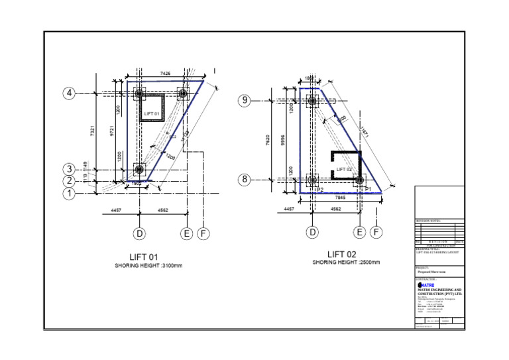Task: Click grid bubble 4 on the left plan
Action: point(70,93)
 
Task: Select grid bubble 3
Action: point(70,168)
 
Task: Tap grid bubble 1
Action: point(70,194)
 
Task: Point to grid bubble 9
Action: point(245,101)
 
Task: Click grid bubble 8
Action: point(245,180)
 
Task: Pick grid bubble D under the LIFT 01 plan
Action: point(140,233)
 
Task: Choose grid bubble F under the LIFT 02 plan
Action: point(376,232)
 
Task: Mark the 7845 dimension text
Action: point(340,198)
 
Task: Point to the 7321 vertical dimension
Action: point(93,132)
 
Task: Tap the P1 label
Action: point(368,189)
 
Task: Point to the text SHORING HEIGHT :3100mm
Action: point(148,266)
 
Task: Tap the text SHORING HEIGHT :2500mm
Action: point(346,263)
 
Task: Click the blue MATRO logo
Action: point(427,286)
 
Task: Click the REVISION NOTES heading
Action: point(429,221)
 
